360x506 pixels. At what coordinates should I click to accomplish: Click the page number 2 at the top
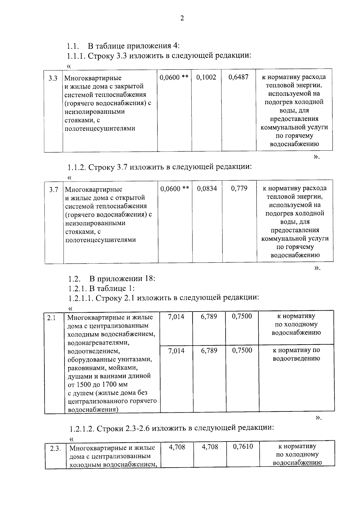point(181,18)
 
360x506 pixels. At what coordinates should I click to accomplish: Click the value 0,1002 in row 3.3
point(206,77)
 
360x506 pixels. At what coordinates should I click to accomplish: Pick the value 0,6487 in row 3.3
point(238,77)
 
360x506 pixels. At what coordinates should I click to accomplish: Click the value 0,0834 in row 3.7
point(207,188)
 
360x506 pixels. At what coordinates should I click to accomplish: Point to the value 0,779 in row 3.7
point(239,188)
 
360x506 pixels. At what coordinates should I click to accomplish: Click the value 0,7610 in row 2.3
point(243,447)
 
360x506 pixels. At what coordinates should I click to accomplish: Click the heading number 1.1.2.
point(77,167)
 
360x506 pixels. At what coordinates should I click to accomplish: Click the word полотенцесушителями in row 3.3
point(100,128)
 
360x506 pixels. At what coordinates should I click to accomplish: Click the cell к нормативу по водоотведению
point(296,354)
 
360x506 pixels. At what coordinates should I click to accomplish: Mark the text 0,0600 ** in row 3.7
point(175,189)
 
